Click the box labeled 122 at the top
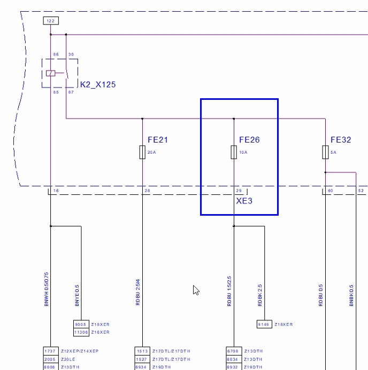(x=50, y=21)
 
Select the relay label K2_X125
(x=98, y=84)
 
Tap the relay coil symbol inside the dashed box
(x=51, y=73)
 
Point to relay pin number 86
(x=56, y=54)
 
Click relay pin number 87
(x=71, y=92)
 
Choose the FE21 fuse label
(x=158, y=140)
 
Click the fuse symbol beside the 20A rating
(x=142, y=153)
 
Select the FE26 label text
(x=249, y=140)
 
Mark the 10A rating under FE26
(x=242, y=152)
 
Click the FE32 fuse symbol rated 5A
(x=325, y=153)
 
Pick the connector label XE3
(x=244, y=201)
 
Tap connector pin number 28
(x=147, y=191)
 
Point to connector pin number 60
(x=330, y=191)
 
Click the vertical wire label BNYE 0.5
(x=77, y=295)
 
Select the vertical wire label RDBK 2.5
(x=260, y=295)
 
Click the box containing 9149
(x=264, y=324)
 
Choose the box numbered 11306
(x=81, y=332)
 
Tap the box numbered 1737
(x=50, y=351)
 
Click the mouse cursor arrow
(x=196, y=290)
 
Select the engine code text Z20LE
(x=68, y=360)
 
